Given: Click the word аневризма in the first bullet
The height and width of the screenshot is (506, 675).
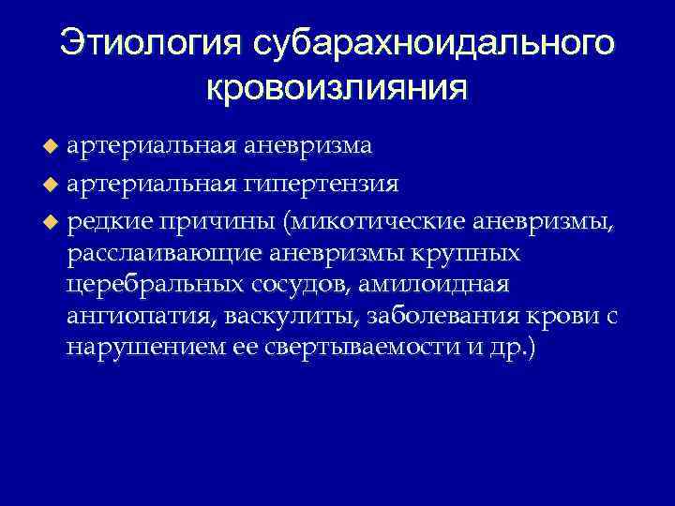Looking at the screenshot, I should (308, 146).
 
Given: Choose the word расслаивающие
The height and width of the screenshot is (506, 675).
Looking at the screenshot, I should (163, 253).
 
